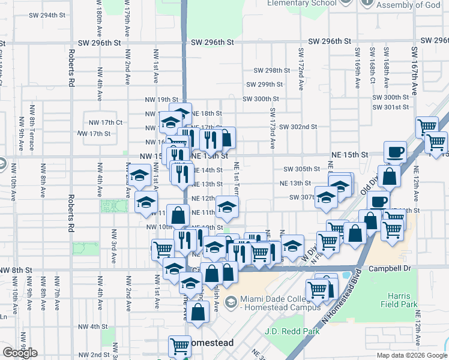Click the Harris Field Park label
click(396, 300)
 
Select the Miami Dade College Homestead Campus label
click(280, 303)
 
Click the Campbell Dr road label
click(388, 269)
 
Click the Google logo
click(20, 353)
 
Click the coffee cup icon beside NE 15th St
click(395, 151)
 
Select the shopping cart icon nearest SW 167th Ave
click(426, 127)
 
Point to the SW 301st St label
click(390, 107)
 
